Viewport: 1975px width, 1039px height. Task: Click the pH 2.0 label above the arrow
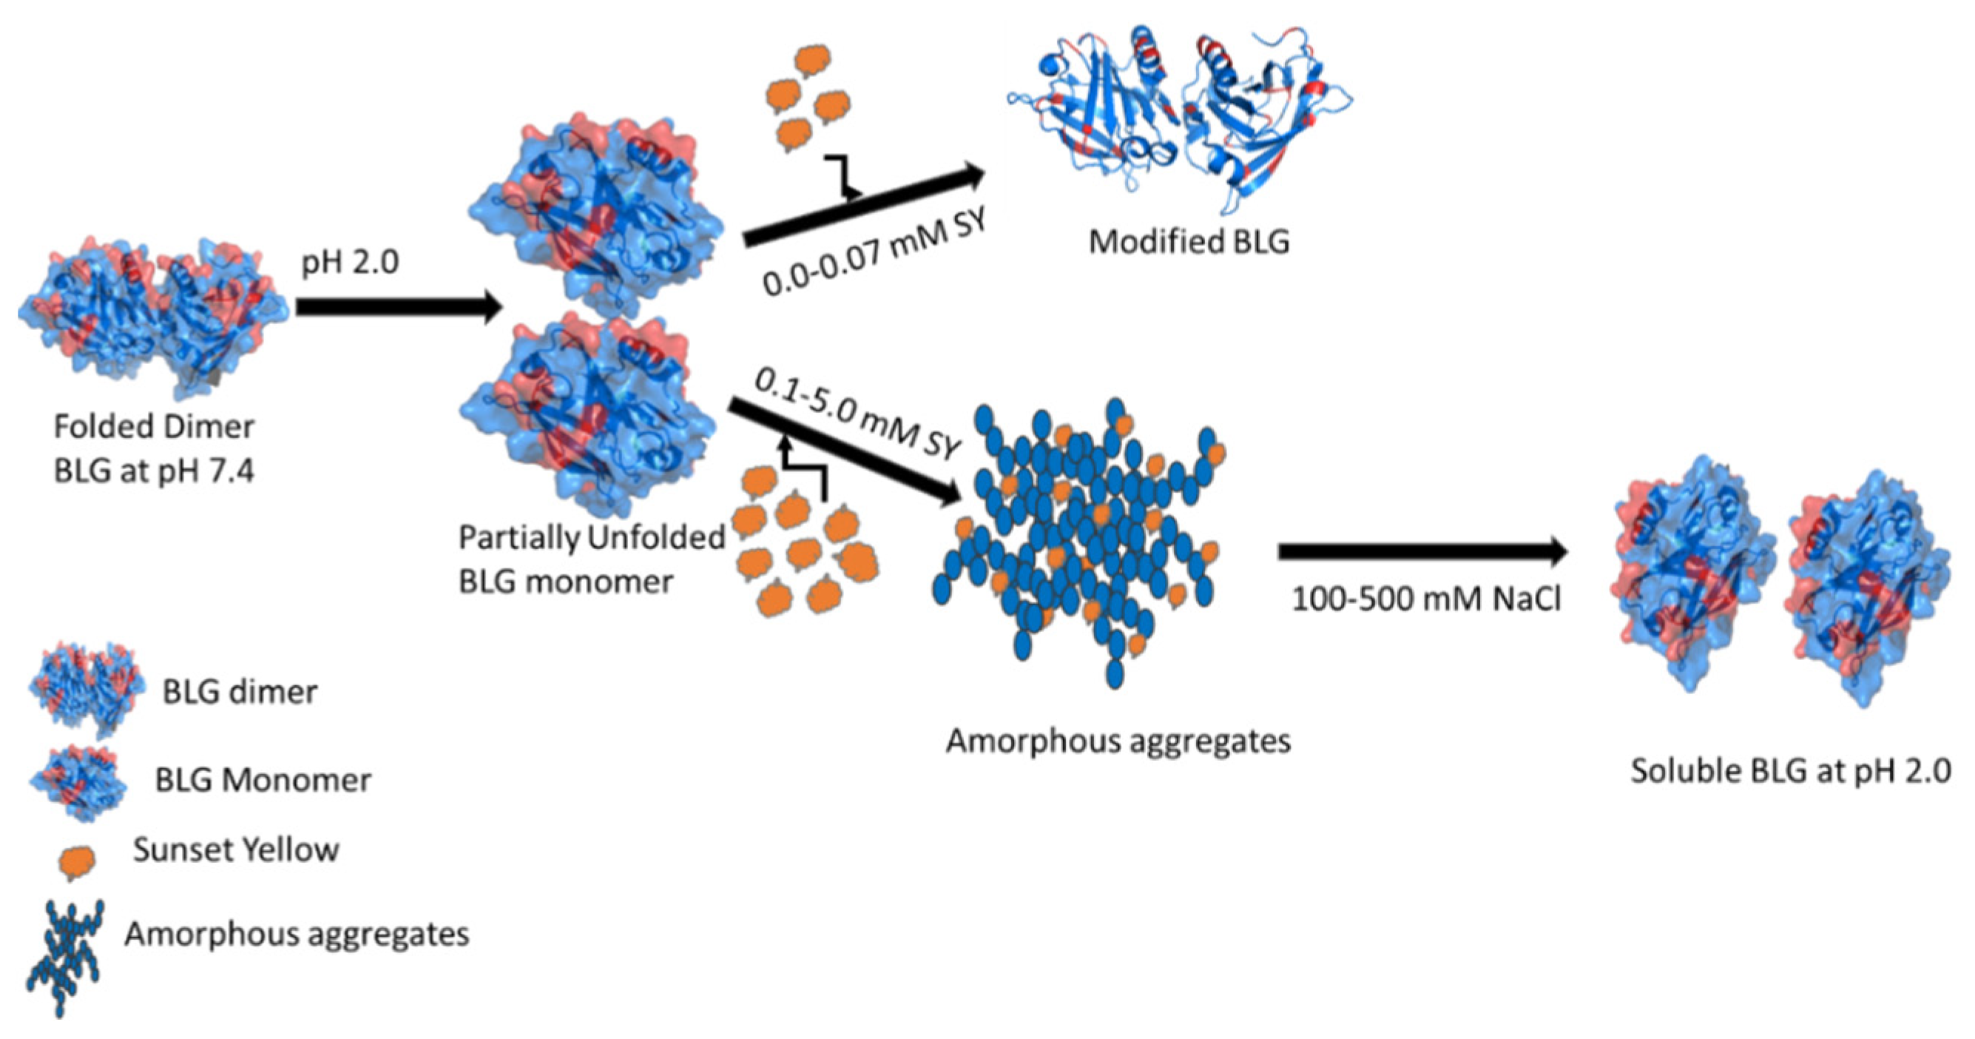click(x=350, y=263)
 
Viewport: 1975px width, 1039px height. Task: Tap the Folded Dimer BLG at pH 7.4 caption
click(x=153, y=448)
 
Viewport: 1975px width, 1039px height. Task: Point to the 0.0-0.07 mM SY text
click(x=874, y=253)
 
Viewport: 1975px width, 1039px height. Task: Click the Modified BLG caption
click(x=1189, y=242)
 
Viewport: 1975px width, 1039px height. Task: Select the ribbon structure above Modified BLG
click(x=1181, y=115)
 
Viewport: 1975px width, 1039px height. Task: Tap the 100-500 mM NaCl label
click(x=1426, y=599)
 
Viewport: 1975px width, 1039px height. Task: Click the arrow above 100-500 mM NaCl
click(x=1419, y=551)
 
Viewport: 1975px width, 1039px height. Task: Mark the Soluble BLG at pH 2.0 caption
click(x=1790, y=770)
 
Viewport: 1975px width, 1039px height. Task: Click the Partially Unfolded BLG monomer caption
click(x=590, y=559)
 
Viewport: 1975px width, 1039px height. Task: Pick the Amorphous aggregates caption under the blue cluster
click(x=1118, y=741)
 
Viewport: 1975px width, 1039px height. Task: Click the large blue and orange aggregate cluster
click(x=1081, y=537)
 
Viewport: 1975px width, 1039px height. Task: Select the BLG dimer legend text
click(x=239, y=692)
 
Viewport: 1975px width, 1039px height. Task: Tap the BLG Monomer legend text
click(x=263, y=780)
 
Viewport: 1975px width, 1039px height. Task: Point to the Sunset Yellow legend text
click(x=235, y=850)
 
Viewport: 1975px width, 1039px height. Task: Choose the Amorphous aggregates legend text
click(x=297, y=934)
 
